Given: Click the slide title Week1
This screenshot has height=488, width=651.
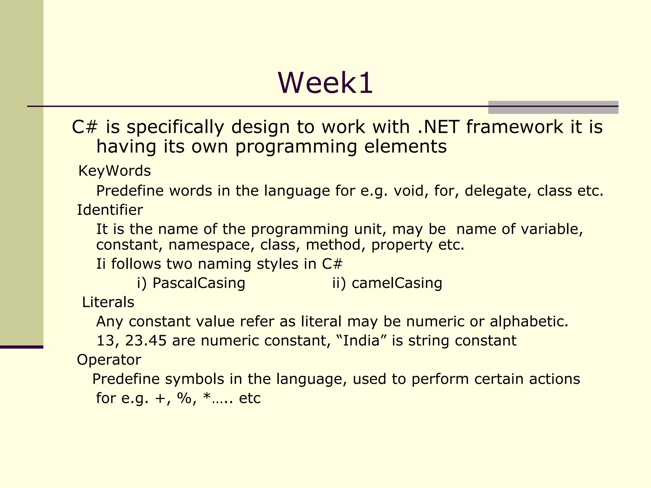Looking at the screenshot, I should (325, 83).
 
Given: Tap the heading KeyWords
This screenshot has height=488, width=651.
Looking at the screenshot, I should (114, 171).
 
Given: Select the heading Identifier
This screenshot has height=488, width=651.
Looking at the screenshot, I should (110, 210).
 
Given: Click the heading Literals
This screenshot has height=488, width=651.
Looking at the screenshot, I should (108, 302).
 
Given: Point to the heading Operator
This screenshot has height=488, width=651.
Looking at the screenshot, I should (109, 360).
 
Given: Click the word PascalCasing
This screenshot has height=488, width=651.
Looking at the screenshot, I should (199, 283).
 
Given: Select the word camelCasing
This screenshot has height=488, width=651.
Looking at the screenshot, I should (397, 283).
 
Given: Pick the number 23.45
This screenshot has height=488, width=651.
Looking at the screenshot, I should (146, 341).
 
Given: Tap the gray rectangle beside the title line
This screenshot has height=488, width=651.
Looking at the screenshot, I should (553, 107).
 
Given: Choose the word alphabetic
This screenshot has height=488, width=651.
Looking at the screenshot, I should (529, 322).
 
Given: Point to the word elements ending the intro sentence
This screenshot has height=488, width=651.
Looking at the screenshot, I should (405, 147).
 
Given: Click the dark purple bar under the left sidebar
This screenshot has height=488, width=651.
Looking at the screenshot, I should (22, 347).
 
